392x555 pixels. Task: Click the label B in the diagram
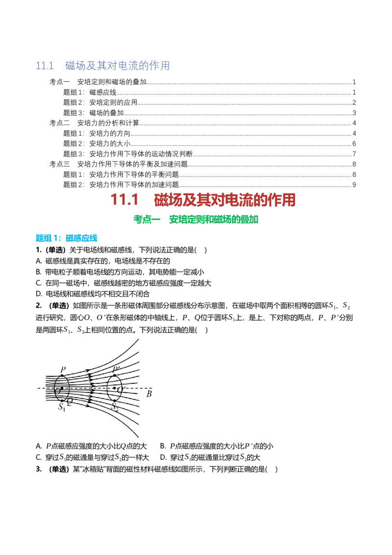click(x=149, y=394)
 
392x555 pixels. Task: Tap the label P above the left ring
click(x=63, y=370)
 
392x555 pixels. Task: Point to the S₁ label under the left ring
click(x=62, y=407)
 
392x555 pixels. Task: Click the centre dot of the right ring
click(x=114, y=388)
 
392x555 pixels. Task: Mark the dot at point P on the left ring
click(x=62, y=376)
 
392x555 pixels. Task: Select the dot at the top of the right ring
click(x=114, y=376)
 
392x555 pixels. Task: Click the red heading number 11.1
click(x=124, y=200)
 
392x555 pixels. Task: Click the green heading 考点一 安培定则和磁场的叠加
click(x=196, y=220)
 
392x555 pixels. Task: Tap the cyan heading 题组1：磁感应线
click(x=67, y=238)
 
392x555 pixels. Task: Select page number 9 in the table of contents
click(x=354, y=185)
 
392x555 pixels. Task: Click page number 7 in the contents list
click(x=354, y=154)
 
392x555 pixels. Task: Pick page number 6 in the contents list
click(x=354, y=144)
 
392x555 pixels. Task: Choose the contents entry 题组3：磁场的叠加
click(x=94, y=113)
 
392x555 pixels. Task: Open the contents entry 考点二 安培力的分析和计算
click(x=94, y=123)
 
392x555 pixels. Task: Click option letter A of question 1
click(x=39, y=261)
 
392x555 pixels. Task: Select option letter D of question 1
click(x=39, y=294)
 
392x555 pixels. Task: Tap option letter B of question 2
click(x=163, y=446)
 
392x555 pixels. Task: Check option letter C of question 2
click(x=39, y=457)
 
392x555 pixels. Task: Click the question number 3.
click(x=39, y=469)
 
